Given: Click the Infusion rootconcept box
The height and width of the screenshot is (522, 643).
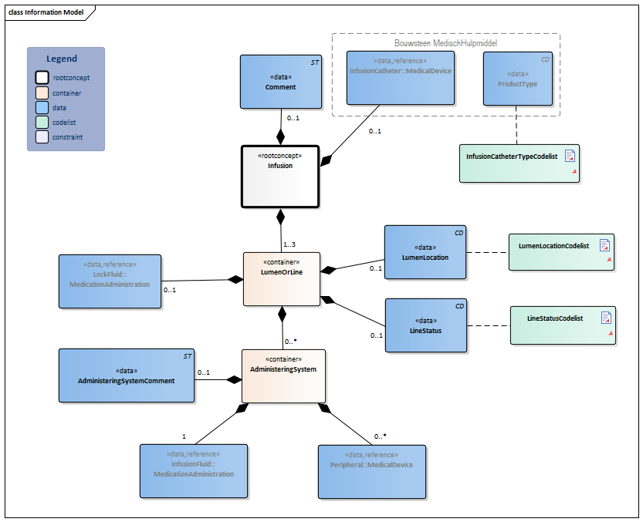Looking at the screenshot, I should [280, 177].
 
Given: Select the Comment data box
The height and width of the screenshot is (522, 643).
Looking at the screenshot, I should [280, 81].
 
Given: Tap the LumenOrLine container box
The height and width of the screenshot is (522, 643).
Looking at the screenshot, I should [281, 278].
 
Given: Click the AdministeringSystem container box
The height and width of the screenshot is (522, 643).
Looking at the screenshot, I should [283, 376].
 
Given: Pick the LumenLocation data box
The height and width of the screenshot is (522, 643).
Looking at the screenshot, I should [425, 252].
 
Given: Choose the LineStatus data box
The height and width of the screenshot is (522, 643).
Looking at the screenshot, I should [425, 325].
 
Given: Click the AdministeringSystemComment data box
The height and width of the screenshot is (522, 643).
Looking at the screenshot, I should [127, 375].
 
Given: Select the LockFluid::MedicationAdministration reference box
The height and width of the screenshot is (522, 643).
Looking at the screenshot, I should [110, 281].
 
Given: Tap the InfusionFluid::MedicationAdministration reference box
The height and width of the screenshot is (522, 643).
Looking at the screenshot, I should [194, 470].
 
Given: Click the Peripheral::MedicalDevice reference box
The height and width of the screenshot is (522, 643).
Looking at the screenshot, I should [372, 470].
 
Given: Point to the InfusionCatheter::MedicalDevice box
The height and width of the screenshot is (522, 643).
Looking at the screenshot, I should [400, 77].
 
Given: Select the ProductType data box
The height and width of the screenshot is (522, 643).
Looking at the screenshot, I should [518, 78].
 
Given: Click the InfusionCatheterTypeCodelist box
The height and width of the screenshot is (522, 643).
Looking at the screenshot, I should [519, 163].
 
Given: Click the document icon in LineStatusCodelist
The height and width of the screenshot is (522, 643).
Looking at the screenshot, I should [606, 318].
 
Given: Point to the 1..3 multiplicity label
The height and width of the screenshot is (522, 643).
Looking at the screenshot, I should [289, 244].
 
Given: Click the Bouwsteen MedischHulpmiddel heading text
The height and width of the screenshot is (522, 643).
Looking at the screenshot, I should [445, 44].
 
